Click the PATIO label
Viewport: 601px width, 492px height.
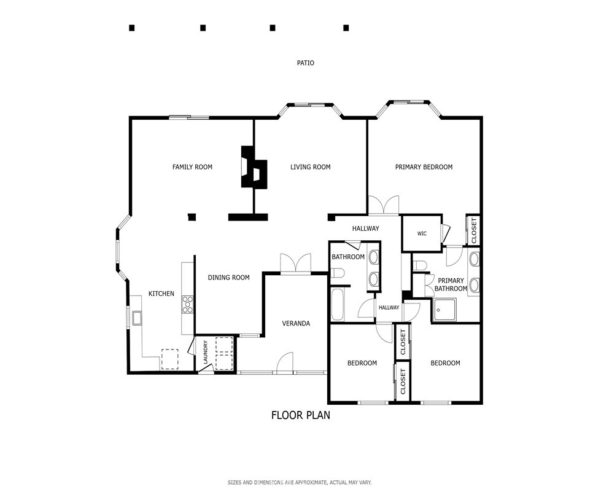pos(306,63)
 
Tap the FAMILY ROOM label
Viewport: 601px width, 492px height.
pos(192,167)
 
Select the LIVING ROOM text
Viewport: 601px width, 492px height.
pos(310,167)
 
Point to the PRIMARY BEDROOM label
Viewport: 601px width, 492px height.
pos(424,167)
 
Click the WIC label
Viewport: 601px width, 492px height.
pos(422,233)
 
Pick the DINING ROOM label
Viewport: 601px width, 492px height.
pos(228,277)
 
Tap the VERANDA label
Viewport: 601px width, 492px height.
pos(296,323)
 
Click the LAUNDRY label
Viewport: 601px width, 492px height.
pos(206,352)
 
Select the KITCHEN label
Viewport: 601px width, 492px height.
pos(161,294)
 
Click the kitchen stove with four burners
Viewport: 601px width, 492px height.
pos(187,305)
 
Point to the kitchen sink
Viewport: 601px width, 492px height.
pos(137,318)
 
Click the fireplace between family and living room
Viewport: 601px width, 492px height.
pos(254,167)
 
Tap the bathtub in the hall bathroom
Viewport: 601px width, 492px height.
pos(338,304)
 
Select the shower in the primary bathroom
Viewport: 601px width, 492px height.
pos(444,310)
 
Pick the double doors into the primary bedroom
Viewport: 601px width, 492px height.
pos(383,205)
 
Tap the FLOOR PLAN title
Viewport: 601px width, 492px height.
pos(301,415)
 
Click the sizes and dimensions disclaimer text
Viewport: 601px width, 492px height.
pos(300,482)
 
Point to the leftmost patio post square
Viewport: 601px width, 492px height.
pos(132,28)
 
